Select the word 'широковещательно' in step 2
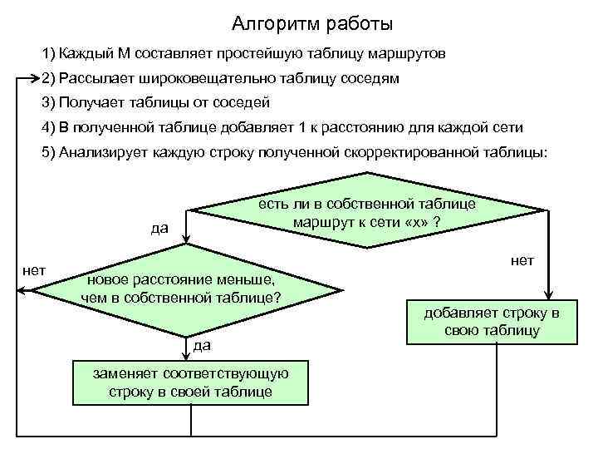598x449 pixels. pos(225,79)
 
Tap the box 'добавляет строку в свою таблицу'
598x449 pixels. pos(492,322)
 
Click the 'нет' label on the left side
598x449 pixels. pos(34,269)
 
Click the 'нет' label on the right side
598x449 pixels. pos(522,261)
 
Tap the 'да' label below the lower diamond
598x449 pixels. pos(201,344)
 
